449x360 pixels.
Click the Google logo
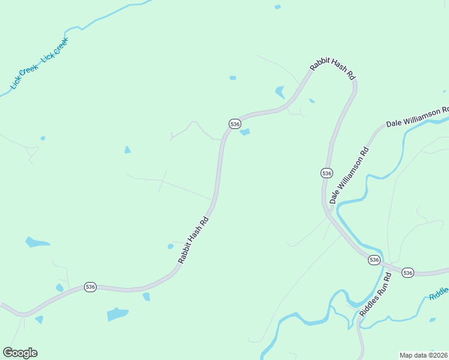[20, 353]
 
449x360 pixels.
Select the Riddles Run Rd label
[376, 295]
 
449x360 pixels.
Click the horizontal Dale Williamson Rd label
[417, 118]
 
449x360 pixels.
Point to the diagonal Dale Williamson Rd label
[348, 173]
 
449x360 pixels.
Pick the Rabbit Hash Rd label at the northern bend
[333, 70]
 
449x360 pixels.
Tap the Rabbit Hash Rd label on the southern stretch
[193, 240]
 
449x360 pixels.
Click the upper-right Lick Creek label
[55, 50]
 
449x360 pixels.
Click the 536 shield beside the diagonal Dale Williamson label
[326, 173]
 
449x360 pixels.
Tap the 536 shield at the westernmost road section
[90, 287]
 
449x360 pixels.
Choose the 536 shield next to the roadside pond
[235, 124]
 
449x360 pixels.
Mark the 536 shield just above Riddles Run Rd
[374, 260]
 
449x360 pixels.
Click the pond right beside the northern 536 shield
[245, 132]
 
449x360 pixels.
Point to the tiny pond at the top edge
[277, 7]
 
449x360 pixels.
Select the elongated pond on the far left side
[37, 243]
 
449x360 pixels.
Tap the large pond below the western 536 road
[118, 314]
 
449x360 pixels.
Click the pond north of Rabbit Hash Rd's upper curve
[280, 92]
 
